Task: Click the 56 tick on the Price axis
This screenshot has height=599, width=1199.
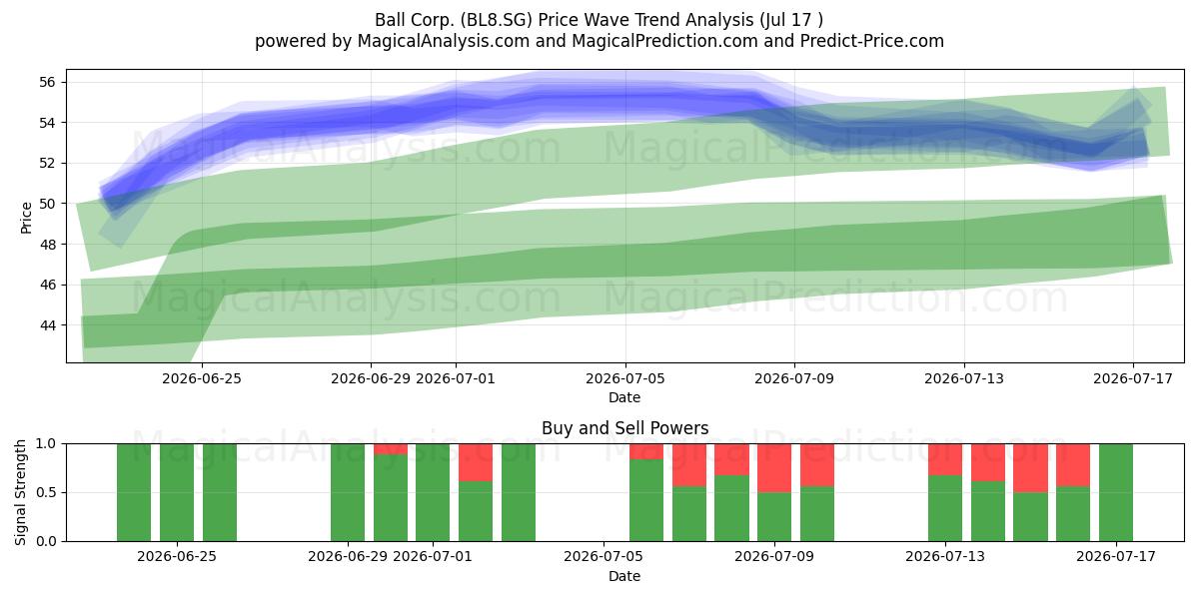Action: point(47,82)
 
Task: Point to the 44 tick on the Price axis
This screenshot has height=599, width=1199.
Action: point(47,325)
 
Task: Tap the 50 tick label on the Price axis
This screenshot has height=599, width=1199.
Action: point(47,204)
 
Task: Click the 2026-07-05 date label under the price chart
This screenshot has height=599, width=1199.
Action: point(625,378)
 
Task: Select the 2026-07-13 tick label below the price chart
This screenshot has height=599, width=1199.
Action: point(964,378)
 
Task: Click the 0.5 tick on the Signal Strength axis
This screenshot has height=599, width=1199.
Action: point(46,492)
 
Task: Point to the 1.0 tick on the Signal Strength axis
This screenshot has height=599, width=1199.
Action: point(46,444)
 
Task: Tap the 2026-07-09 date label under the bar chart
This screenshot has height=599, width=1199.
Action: point(774,557)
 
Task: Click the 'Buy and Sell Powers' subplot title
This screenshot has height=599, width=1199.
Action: point(624,428)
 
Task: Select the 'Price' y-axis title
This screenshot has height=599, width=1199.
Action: point(26,218)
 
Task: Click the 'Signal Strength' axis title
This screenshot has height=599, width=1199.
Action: point(20,492)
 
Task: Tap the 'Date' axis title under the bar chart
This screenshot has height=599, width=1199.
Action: point(624,576)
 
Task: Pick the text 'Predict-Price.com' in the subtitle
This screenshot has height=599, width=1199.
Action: point(872,41)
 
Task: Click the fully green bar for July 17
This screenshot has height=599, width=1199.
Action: point(1116,492)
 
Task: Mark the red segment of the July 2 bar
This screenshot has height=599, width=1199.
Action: point(476,462)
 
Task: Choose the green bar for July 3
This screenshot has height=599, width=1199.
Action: point(519,492)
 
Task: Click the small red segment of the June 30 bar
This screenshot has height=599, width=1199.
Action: point(391,449)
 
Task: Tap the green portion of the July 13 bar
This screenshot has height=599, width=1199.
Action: point(945,508)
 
